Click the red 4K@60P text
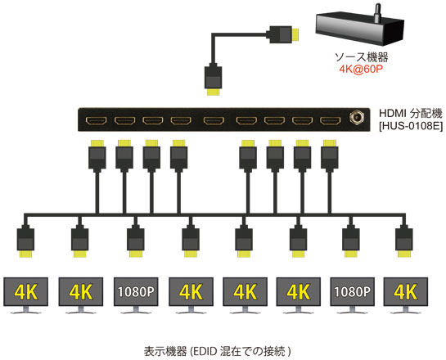361,69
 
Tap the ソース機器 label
361,57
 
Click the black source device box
360,29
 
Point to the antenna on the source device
377,13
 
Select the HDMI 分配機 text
411,114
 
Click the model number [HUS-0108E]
411,126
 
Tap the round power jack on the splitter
355,117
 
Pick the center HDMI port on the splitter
214,120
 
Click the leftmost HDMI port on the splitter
96,120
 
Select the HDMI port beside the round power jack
331,120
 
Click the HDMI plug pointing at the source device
284,34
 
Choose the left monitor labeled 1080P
136,295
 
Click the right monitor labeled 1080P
352,295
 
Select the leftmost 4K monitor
25,295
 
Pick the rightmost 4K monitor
406,295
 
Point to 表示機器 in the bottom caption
165,352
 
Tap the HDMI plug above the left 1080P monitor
135,241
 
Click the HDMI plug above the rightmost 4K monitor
404,241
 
